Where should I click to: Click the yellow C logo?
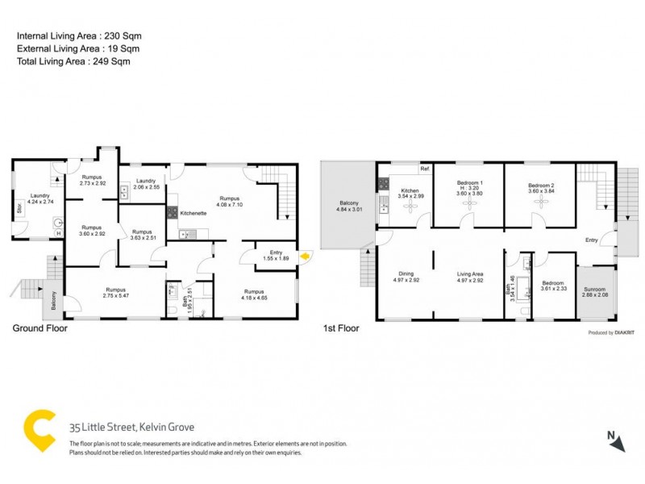(38, 430)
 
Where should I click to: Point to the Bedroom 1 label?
(469, 183)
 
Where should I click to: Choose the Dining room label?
(406, 274)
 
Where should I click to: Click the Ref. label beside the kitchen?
(423, 169)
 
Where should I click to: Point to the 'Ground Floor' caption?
(40, 328)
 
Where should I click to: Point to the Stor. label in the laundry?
(19, 209)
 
